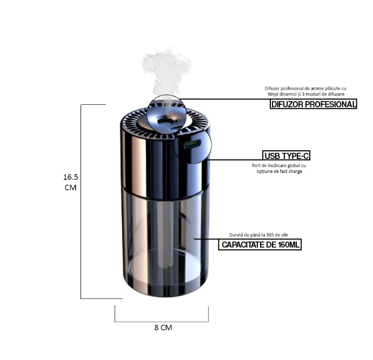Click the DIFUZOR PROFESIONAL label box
[x=314, y=104]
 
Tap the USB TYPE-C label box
[x=287, y=156]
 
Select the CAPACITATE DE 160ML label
[x=260, y=245]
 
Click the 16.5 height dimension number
[x=71, y=177]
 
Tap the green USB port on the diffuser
[x=192, y=144]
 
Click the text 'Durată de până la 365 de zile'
[x=259, y=236]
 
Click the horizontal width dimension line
[x=162, y=321]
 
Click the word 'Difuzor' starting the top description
[x=274, y=88]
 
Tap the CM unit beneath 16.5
[x=71, y=188]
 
